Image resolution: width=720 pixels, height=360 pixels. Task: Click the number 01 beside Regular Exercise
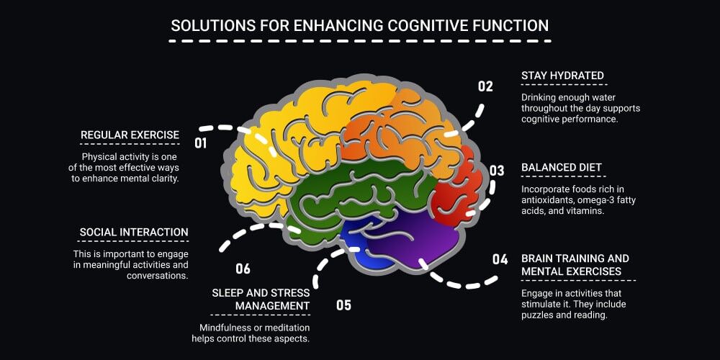pyautogui.click(x=201, y=143)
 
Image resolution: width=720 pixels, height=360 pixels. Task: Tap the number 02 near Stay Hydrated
pyautogui.click(x=485, y=86)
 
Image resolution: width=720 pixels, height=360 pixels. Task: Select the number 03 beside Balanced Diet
pyautogui.click(x=497, y=171)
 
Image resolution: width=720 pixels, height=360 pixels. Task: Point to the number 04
pyautogui.click(x=500, y=259)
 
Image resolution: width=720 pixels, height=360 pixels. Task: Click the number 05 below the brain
pyautogui.click(x=343, y=305)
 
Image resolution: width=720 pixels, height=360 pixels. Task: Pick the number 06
pyautogui.click(x=243, y=269)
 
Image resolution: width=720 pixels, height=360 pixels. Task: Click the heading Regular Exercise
pyautogui.click(x=130, y=135)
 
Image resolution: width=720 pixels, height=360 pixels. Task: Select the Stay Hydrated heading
pyautogui.click(x=562, y=76)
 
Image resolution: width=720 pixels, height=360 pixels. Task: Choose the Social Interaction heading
pyautogui.click(x=134, y=233)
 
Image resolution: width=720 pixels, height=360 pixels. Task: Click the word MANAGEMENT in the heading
pyautogui.click(x=273, y=305)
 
